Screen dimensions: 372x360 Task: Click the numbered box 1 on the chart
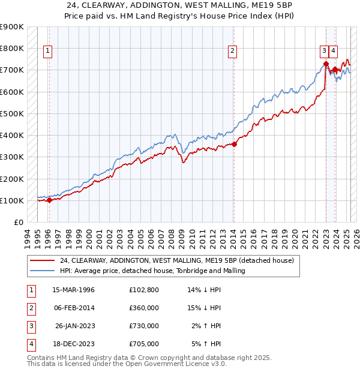pyautogui.click(x=47, y=52)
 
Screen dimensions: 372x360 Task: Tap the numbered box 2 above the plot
pyautogui.click(x=232, y=52)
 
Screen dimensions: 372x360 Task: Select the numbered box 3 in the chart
pyautogui.click(x=323, y=52)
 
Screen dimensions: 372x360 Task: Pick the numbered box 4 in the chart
pyautogui.click(x=333, y=52)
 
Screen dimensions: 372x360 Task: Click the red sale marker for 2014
pyautogui.click(x=235, y=143)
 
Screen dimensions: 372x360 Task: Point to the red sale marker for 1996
pyautogui.click(x=49, y=200)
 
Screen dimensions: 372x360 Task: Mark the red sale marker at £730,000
pyautogui.click(x=326, y=63)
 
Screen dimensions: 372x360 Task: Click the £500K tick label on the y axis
pyautogui.click(x=12, y=113)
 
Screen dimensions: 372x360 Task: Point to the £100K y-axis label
pyautogui.click(x=12, y=200)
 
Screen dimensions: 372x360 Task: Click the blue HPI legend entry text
pyautogui.click(x=152, y=271)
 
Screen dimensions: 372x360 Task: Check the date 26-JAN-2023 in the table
pyautogui.click(x=75, y=326)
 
